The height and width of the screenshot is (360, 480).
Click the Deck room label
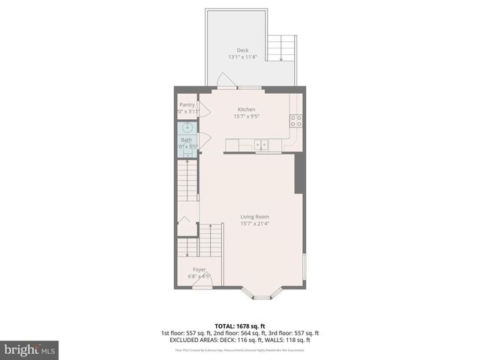[243, 50]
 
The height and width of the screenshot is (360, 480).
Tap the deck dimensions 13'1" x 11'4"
[243, 57]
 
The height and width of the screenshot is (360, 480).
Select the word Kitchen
[247, 109]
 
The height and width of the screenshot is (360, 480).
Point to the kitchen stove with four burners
[295, 118]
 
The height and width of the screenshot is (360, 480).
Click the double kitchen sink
[261, 144]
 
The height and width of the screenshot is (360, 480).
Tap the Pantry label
[187, 105]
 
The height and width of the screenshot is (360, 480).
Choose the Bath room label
[186, 140]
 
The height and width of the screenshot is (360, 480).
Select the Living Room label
[254, 217]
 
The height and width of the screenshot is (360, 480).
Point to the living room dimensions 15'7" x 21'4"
[254, 223]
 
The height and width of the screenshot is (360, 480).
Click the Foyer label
[199, 269]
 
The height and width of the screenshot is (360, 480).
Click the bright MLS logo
[30, 349]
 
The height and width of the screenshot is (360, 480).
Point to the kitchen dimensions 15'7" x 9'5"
[247, 115]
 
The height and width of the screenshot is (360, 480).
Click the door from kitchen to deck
[223, 80]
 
